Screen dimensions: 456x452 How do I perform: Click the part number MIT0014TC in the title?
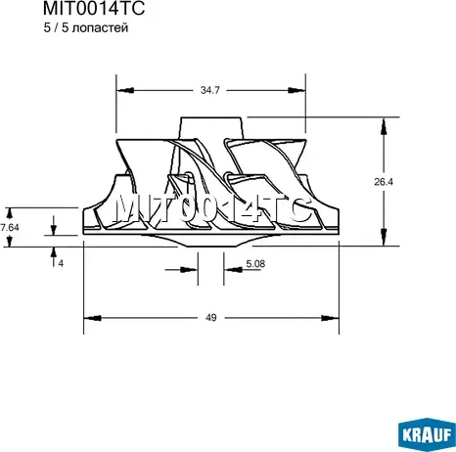pyautogui.click(x=94, y=8)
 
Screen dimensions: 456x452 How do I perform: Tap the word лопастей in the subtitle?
pyautogui.click(x=100, y=28)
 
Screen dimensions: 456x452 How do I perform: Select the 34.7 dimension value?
pyautogui.click(x=210, y=90)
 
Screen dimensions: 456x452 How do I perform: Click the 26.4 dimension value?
pyautogui.click(x=384, y=182)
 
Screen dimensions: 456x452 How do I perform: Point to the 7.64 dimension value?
pyautogui.click(x=9, y=227)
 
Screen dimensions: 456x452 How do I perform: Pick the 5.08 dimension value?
pyautogui.click(x=255, y=263)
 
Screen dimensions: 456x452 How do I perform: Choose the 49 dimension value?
pyautogui.click(x=211, y=317)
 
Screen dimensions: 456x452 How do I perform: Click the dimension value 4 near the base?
pyautogui.click(x=61, y=263)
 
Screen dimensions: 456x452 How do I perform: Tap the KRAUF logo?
pyautogui.click(x=428, y=434)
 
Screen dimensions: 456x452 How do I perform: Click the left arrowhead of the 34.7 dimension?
pyautogui.click(x=125, y=90)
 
